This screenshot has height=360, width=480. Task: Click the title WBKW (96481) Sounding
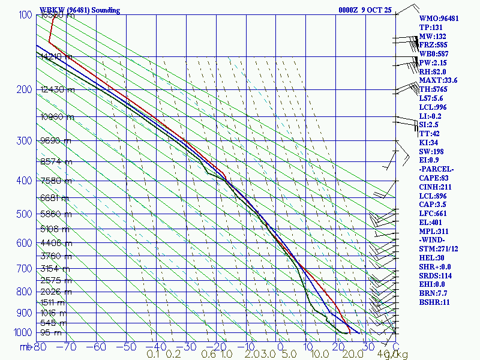pos(80,10)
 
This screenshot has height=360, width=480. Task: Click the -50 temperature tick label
pos(127,347)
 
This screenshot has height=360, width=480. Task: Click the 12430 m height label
pos(58,90)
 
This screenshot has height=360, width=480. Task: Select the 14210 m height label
pos(58,57)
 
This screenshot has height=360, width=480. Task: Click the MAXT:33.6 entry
pos(438,80)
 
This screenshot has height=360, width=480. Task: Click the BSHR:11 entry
pos(434,302)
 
